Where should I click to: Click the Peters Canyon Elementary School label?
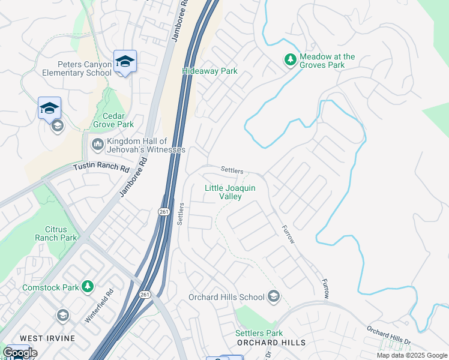pos(76,68)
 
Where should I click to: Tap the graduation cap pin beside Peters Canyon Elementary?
pos(125,61)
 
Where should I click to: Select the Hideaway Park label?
pos(209,71)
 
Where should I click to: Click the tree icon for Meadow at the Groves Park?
pos(291,59)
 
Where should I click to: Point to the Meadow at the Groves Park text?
pos(327,61)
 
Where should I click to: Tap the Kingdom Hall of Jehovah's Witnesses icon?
pos(97,145)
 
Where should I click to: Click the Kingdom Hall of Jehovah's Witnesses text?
pos(146,145)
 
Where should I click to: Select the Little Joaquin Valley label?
pos(230,192)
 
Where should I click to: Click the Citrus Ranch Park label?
pos(61,233)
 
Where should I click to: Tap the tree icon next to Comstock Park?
pos(88,287)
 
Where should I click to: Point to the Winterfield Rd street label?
pos(100,307)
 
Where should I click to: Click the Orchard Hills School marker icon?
pos(274,296)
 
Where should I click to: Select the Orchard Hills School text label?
pos(226,297)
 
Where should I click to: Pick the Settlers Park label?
pos(259,333)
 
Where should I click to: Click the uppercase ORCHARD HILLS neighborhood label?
pos(271,343)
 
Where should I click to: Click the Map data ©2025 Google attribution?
pos(412,355)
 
